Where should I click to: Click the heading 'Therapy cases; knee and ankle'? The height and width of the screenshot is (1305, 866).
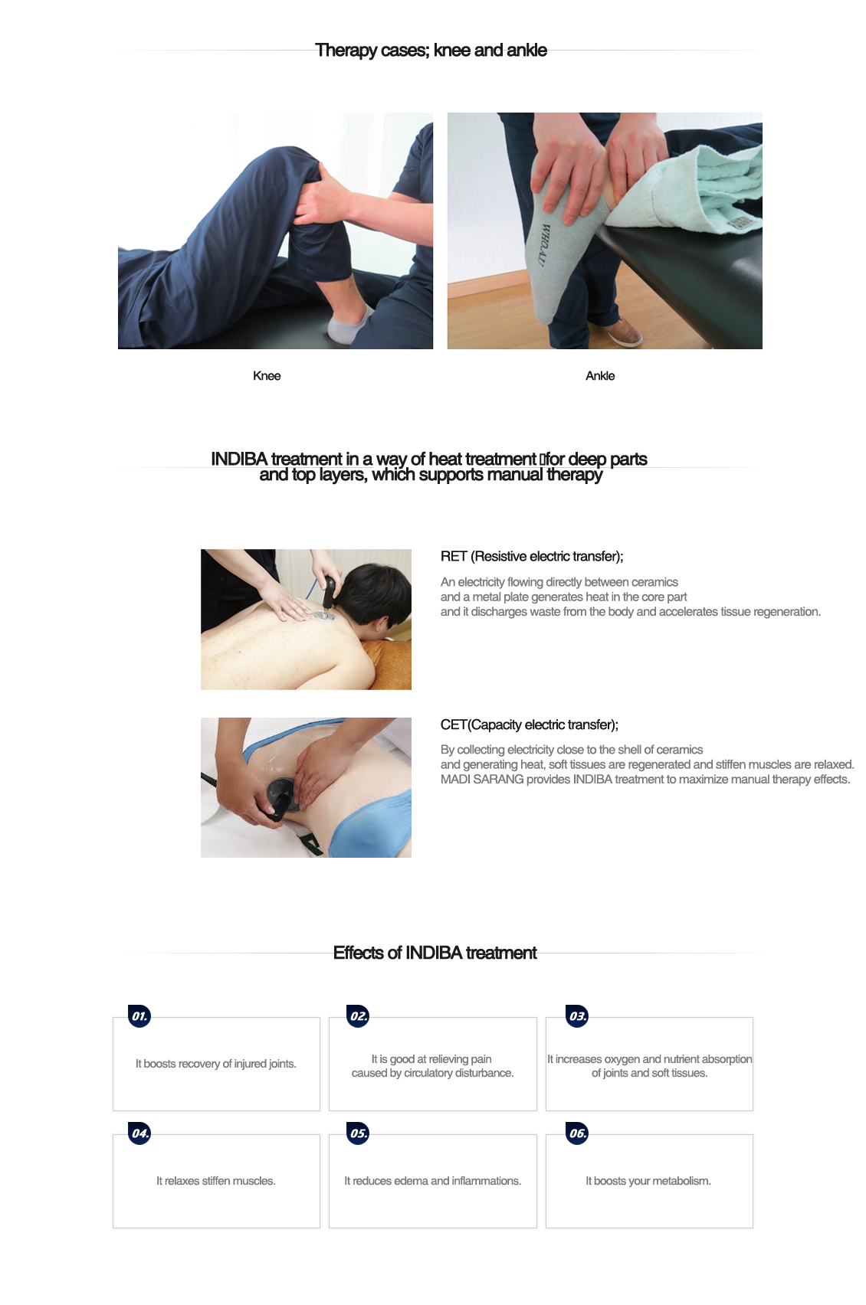431,51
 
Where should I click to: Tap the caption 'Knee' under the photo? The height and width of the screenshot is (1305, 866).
267,376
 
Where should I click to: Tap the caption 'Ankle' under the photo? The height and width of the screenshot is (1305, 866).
600,376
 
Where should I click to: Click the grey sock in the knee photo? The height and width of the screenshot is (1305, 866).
349,325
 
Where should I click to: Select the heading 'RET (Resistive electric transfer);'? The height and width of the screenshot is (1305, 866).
532,557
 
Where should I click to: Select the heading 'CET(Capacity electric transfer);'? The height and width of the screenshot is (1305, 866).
529,725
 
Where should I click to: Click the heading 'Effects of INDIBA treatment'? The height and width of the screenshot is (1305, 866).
435,953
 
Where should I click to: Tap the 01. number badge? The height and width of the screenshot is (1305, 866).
139,1016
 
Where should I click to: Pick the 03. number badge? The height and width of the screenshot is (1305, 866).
577,1016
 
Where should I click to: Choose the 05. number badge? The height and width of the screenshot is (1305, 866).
359,1133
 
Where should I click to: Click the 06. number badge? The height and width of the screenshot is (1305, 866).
577,1133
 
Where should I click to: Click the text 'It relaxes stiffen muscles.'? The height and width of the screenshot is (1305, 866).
216,1181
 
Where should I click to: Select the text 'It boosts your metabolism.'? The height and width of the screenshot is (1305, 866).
648,1181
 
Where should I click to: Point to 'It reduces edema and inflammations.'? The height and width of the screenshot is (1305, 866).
432,1181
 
